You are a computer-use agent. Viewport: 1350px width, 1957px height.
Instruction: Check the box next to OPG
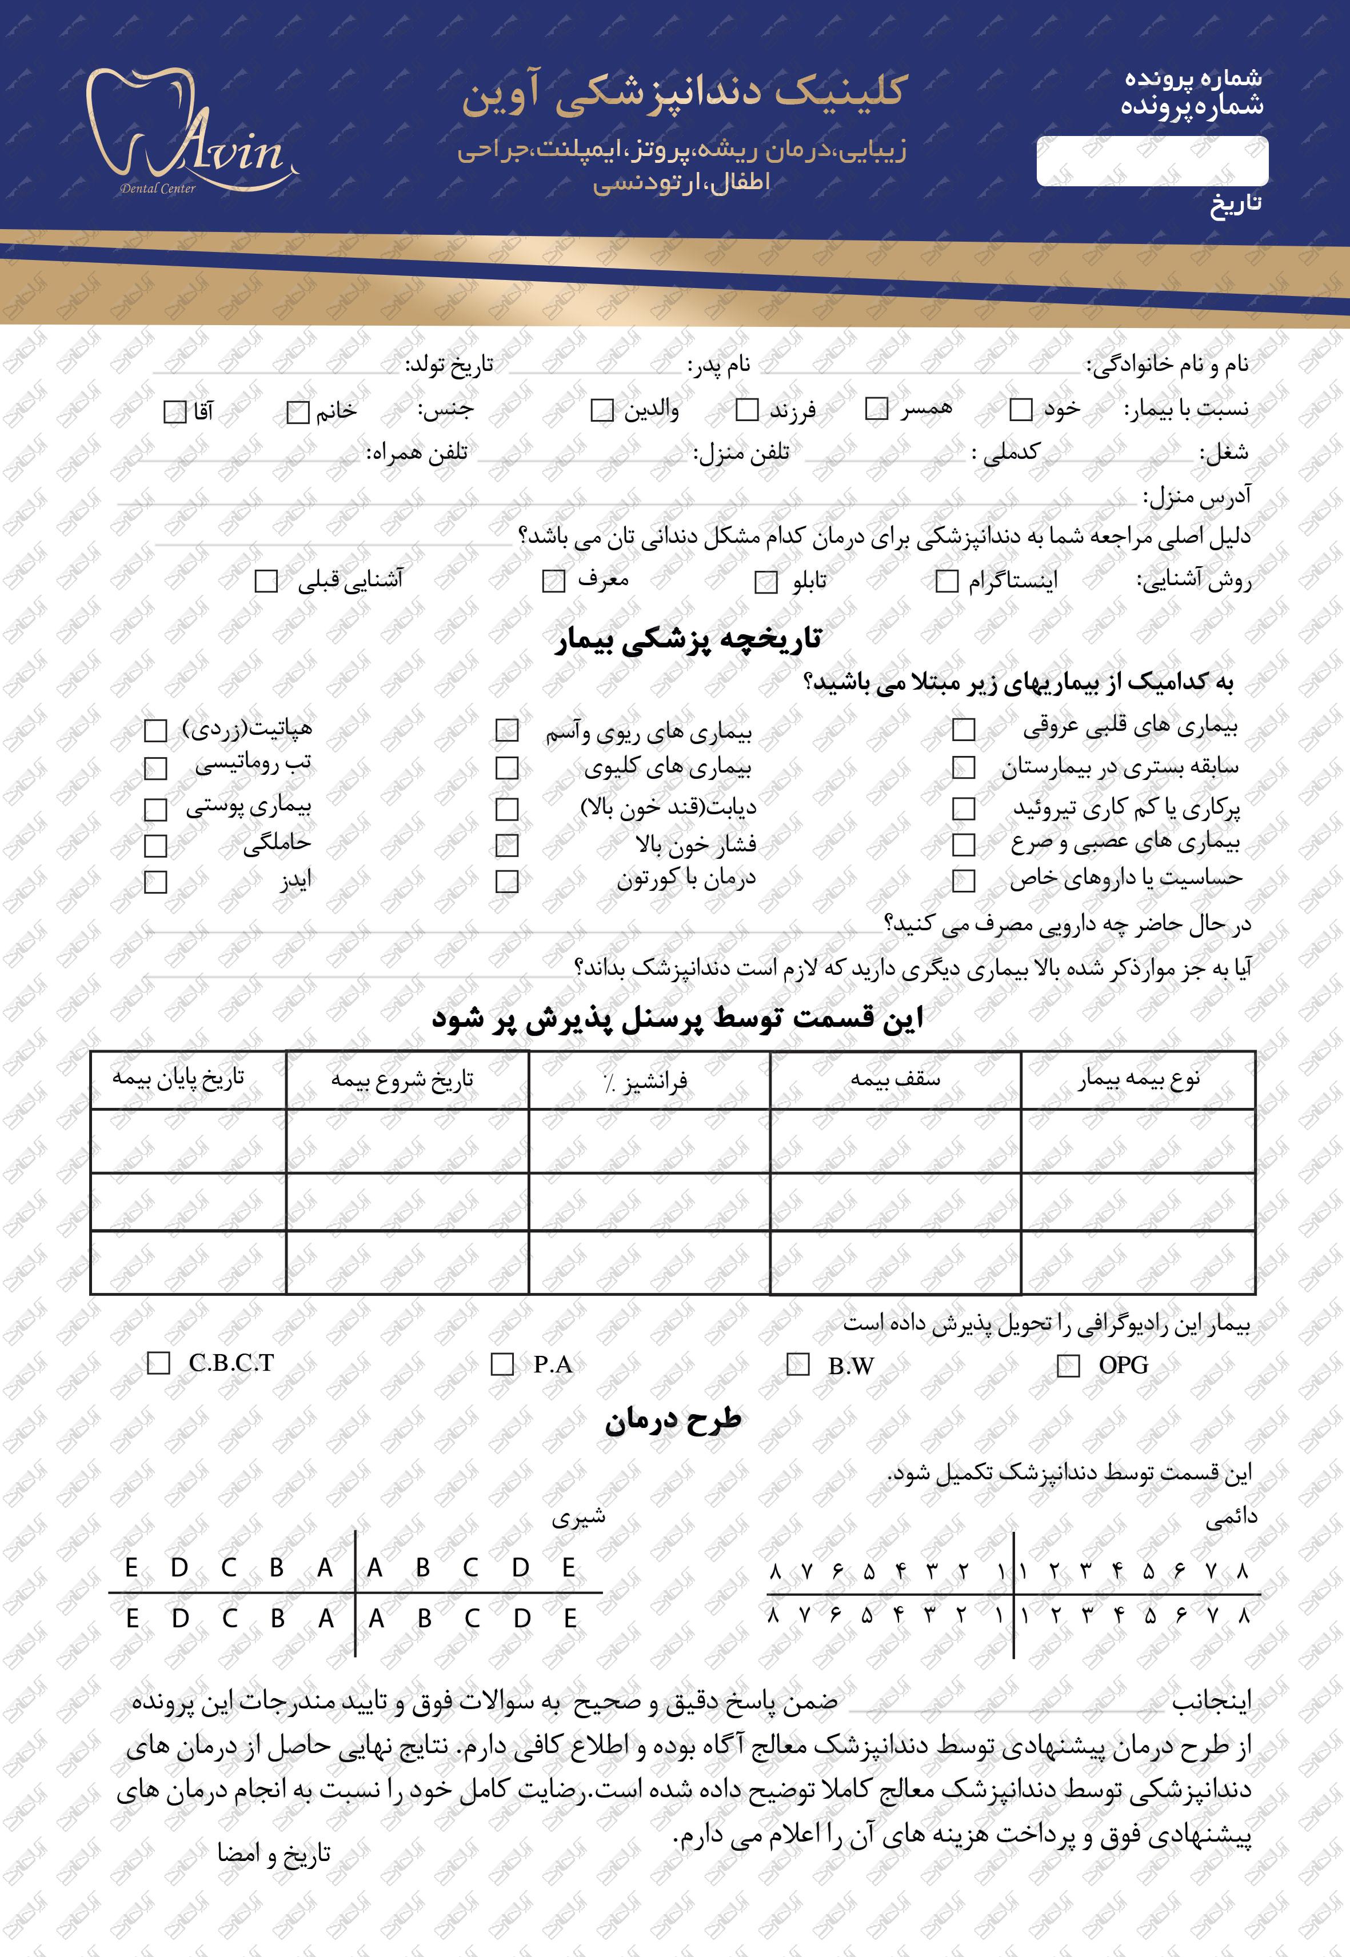coord(1068,1366)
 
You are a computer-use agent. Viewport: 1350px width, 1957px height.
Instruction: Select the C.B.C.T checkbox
coord(158,1363)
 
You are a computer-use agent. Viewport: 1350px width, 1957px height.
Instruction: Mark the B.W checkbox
coord(798,1365)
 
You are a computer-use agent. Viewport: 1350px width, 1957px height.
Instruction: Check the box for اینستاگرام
coord(946,581)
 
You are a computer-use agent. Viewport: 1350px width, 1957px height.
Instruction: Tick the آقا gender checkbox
coord(174,413)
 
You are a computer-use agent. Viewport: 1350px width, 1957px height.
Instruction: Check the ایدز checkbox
coord(155,882)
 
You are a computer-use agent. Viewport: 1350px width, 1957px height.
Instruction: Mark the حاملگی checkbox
coord(155,845)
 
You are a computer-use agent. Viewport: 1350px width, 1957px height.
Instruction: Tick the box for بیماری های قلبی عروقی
coord(964,729)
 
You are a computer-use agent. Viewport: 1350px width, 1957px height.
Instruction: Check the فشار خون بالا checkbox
coord(506,845)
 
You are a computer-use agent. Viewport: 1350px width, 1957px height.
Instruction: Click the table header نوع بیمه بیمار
coord(1139,1080)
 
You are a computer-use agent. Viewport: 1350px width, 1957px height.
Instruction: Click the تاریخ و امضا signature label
coord(273,1853)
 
